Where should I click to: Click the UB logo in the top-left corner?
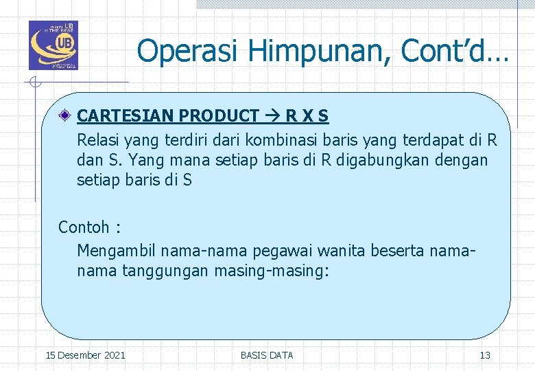coord(53,45)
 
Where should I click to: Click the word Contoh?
coord(84,227)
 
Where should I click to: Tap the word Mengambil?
coord(114,251)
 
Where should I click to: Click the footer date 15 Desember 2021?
coord(85,355)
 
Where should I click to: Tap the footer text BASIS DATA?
coord(267,355)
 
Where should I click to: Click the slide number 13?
coord(485,355)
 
